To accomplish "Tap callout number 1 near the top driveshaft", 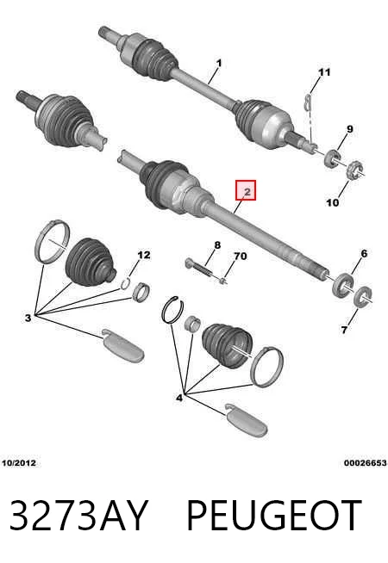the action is [219, 64].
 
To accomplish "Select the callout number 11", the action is [324, 72].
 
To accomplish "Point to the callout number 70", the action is [241, 257].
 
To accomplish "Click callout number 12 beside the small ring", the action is [143, 255].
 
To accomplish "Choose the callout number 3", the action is [28, 318].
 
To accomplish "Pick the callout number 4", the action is [179, 398].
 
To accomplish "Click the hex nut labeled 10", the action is [354, 171].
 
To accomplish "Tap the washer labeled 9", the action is [333, 158].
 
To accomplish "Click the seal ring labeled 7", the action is [362, 297].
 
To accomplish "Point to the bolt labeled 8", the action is [199, 268].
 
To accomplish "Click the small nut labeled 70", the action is [222, 281].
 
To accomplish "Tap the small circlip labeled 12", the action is [125, 284].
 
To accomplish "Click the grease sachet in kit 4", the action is [247, 420].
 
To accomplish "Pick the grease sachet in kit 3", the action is [123, 345].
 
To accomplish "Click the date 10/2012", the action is [19, 463].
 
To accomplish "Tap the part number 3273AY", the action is [78, 516].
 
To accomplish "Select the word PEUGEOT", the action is [274, 516].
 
